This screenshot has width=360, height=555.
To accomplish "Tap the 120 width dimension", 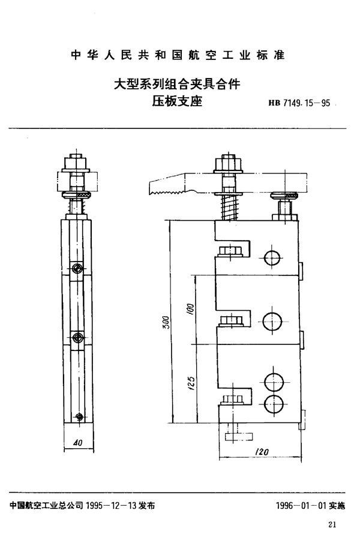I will point(260,451).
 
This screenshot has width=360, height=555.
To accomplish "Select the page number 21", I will point(334,526).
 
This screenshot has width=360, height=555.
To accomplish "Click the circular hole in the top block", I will point(271,259).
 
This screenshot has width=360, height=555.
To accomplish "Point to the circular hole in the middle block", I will point(272,321).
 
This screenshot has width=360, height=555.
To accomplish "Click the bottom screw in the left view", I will point(78,415).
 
